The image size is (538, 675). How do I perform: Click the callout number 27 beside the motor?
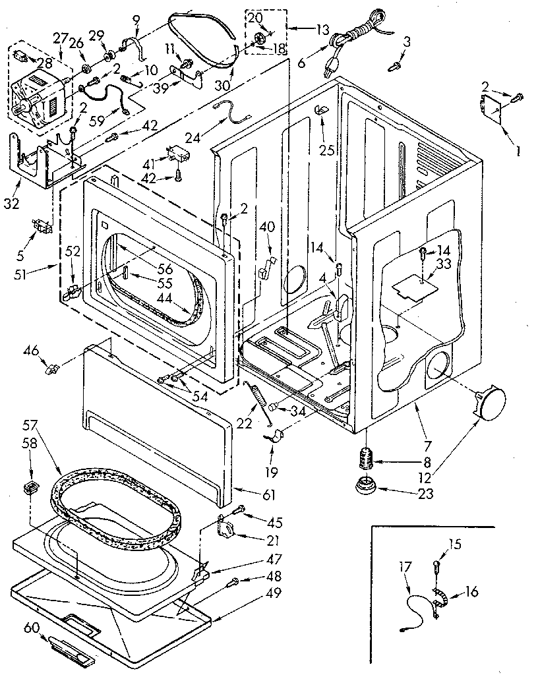61,38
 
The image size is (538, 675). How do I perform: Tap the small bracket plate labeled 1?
491,108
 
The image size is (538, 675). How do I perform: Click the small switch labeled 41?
176,154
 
